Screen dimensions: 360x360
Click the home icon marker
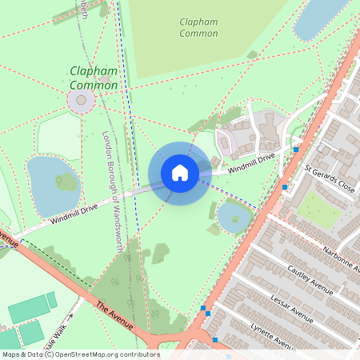pyautogui.click(x=179, y=172)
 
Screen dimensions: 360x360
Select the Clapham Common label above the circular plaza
pyautogui.click(x=94, y=78)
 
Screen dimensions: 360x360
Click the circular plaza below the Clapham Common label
pyautogui.click(x=81, y=101)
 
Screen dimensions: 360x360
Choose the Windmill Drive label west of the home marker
pyautogui.click(x=73, y=213)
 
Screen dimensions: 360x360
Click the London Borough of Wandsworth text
pyautogui.click(x=112, y=190)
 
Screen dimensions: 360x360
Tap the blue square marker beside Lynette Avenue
pyautogui.click(x=215, y=340)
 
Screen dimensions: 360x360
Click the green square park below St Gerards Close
pyautogui.click(x=319, y=210)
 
